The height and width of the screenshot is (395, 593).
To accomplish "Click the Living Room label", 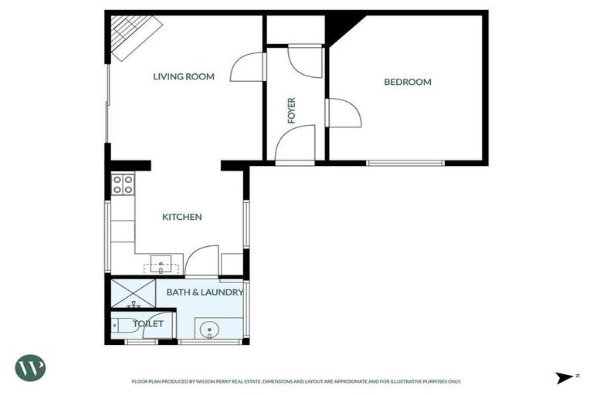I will click(183, 76).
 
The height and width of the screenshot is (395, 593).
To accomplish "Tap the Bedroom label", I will click(408, 82).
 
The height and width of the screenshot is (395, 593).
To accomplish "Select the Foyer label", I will click(292, 110).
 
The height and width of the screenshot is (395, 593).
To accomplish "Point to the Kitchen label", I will click(181, 217).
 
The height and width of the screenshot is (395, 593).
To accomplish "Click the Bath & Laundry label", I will click(205, 292).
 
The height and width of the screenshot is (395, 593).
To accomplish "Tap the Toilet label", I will click(148, 323).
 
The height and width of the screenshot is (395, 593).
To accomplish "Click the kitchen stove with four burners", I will click(122, 184).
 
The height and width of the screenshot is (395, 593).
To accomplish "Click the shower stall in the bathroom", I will click(133, 292).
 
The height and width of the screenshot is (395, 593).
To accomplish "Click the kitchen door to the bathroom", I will click(202, 261).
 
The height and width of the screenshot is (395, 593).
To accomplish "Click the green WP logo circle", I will click(30, 367).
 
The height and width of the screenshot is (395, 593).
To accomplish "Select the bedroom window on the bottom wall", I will click(405, 163).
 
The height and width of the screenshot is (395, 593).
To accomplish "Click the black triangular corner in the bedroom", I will click(337, 29).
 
